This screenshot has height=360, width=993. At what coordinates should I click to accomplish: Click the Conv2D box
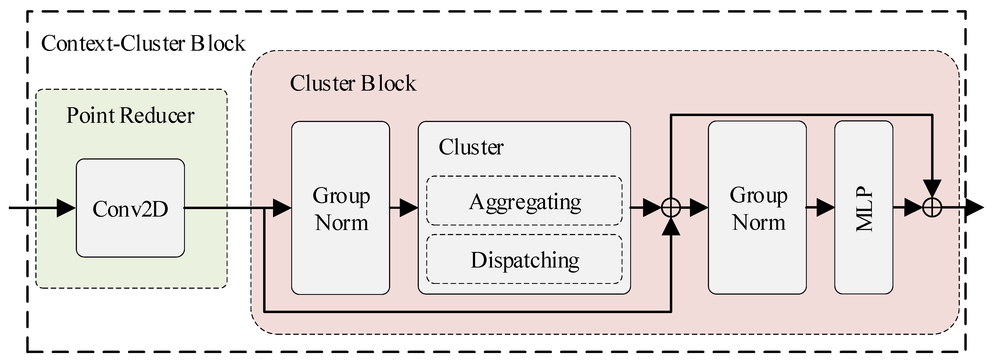point(130,208)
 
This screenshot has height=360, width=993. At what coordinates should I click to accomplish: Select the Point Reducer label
point(130,115)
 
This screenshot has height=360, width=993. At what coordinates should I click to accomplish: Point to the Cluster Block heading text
point(353,83)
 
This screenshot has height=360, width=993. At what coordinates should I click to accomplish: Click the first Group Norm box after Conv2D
point(340,208)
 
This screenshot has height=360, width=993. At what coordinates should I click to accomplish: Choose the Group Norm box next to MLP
point(757,208)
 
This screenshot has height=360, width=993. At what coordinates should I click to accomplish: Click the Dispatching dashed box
point(524,259)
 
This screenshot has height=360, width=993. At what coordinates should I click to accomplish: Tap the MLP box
point(864,208)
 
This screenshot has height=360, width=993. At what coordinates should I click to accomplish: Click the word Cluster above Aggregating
point(471,147)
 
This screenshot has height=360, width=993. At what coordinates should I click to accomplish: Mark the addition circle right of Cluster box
point(671,208)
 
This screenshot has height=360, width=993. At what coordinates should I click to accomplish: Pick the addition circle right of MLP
point(932,208)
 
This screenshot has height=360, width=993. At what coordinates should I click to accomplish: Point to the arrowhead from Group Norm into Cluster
point(408,208)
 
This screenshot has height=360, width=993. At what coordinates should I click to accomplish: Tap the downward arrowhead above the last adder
point(932,189)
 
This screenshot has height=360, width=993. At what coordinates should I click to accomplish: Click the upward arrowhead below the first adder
point(671,227)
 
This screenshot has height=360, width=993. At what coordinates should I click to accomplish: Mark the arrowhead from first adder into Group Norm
point(699,208)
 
